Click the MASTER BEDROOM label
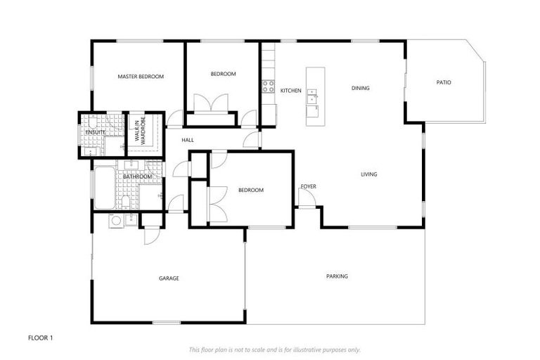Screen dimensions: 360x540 coord(141,76)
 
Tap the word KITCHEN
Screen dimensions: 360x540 coord(291,91)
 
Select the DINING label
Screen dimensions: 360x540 coord(361,89)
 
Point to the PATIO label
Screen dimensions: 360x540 coord(444,82)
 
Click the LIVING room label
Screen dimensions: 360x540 coord(369,174)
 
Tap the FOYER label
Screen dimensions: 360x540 coord(308,186)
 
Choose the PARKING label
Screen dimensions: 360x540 coord(337,276)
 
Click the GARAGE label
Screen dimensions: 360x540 coord(169,278)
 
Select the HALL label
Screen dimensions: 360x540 coord(188,140)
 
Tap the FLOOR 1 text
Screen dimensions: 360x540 coord(40,337)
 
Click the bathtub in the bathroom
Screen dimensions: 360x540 coord(104,187)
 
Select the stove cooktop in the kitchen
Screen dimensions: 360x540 coord(269,87)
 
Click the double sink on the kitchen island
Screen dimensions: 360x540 coord(312,101)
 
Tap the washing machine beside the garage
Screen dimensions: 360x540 coord(116,221)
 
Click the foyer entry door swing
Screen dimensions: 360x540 coord(306,198)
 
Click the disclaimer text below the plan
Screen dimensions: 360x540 coord(274,349)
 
